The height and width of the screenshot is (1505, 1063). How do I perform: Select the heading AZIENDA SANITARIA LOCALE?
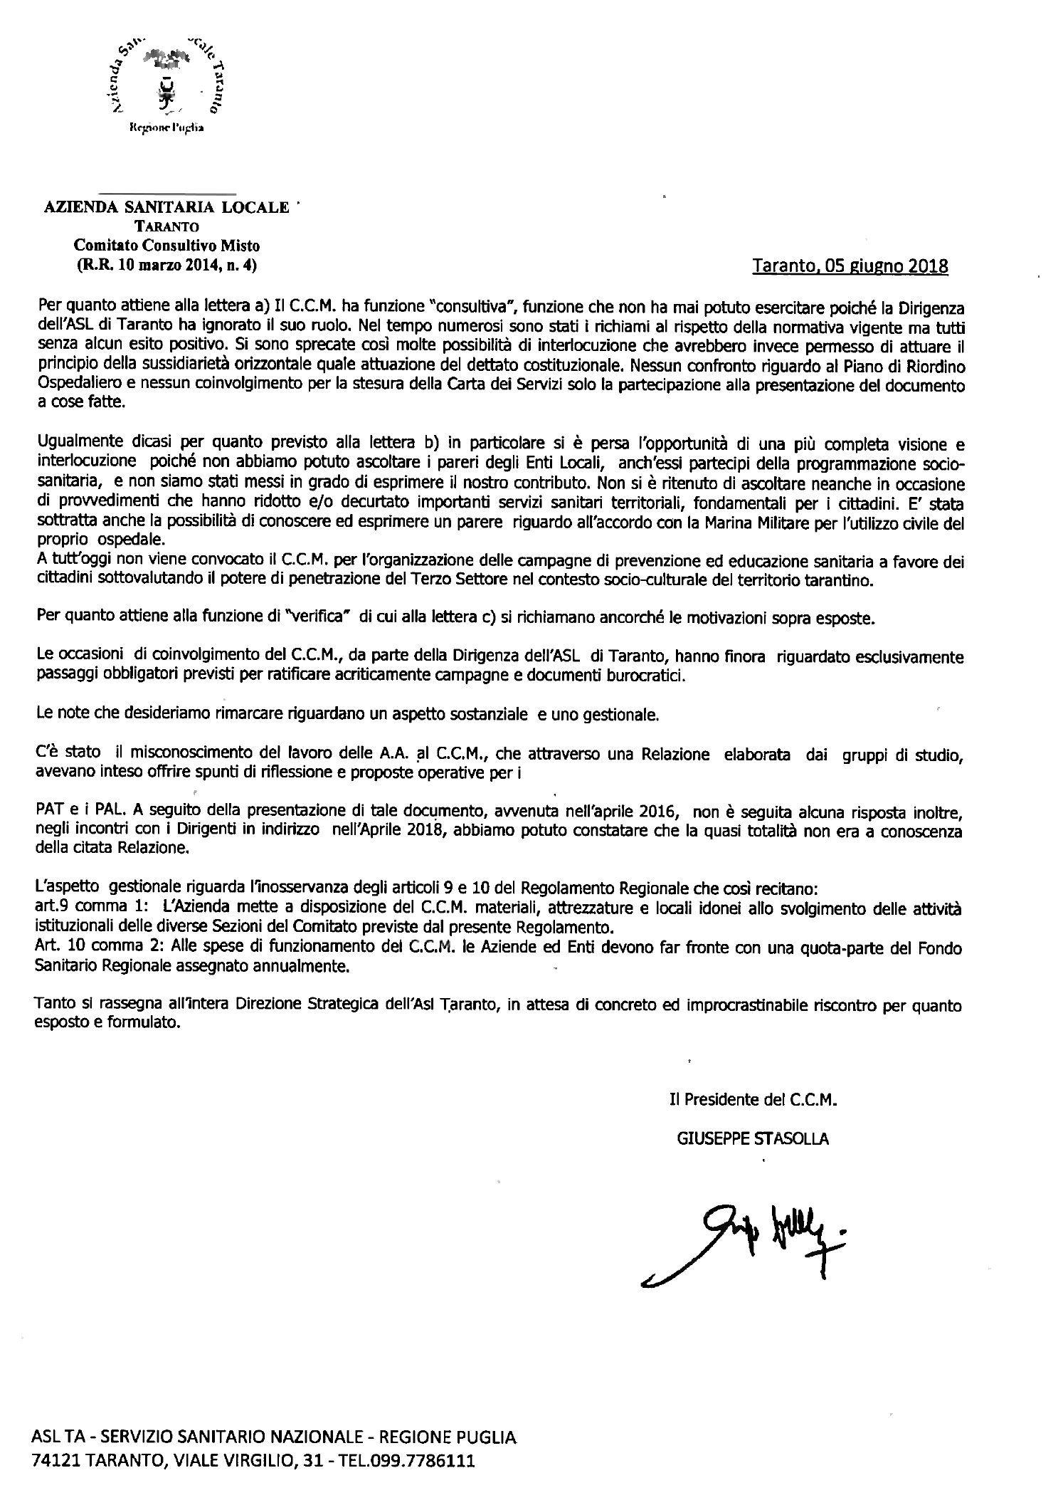167,208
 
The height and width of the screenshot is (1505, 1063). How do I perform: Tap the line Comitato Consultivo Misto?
168,246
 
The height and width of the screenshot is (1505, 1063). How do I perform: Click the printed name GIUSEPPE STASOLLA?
753,1138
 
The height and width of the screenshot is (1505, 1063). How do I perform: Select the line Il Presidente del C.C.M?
753,1099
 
